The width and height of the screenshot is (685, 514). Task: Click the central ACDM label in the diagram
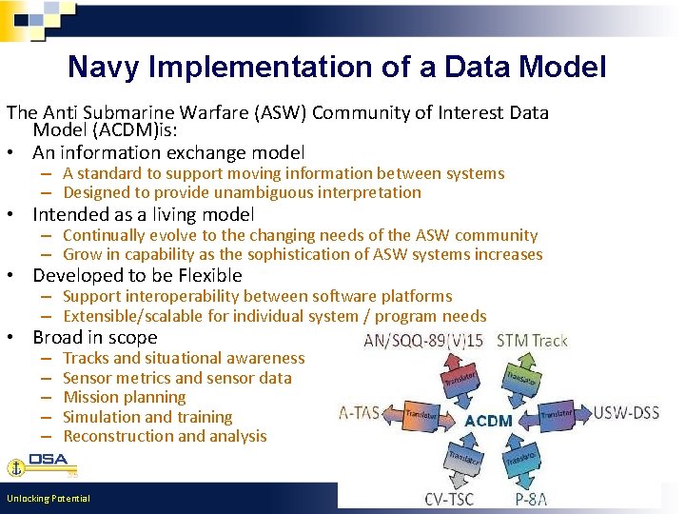[488, 421]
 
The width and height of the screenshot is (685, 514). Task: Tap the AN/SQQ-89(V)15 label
[423, 342]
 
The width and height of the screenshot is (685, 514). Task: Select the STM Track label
[533, 341]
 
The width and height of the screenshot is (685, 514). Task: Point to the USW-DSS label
[626, 413]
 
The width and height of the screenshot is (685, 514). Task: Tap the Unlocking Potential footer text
[48, 499]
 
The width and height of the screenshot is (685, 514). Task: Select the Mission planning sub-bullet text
[124, 397]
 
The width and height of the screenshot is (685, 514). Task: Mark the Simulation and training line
[147, 417]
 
